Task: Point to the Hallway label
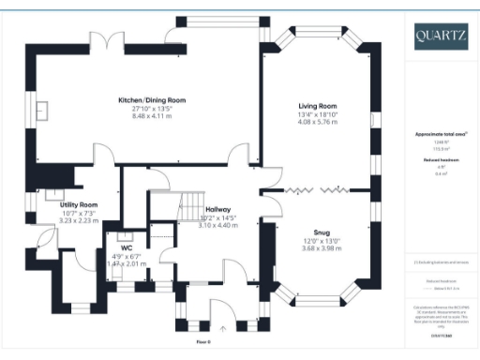pos(217,210)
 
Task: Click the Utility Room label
pos(79,203)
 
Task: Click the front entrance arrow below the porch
pos(222,329)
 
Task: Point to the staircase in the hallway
pos(193,201)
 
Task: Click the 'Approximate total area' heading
pos(440,134)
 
